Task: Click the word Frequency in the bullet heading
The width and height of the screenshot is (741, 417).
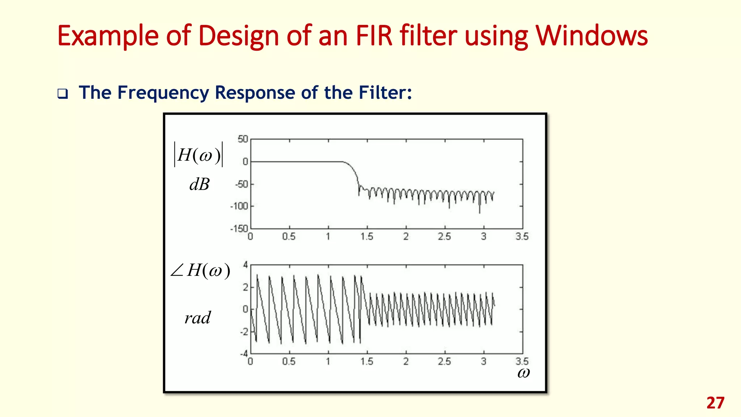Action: tap(163, 93)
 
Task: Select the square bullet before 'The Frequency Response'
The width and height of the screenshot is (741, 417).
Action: tap(63, 94)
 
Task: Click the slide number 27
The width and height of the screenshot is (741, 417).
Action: tap(715, 403)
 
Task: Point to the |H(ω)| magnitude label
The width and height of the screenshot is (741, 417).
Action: tap(199, 155)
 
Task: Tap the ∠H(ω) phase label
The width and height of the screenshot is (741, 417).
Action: tap(200, 270)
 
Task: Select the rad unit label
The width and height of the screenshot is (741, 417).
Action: tap(197, 318)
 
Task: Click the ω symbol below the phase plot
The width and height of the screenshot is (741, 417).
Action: tap(523, 372)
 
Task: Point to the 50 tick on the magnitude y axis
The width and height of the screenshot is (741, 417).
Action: tap(243, 139)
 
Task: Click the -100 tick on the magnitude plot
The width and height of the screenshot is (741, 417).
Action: tap(240, 206)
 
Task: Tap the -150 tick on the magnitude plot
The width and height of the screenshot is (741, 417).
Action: tap(239, 229)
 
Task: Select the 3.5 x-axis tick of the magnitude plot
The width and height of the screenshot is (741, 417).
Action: tap(522, 237)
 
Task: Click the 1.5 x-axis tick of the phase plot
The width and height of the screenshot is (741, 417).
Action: tap(367, 362)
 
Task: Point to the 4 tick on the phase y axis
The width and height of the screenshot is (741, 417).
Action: tap(245, 265)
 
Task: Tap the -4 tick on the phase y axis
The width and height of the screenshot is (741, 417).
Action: tap(244, 354)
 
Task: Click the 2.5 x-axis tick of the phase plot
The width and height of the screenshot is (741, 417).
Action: tap(444, 362)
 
